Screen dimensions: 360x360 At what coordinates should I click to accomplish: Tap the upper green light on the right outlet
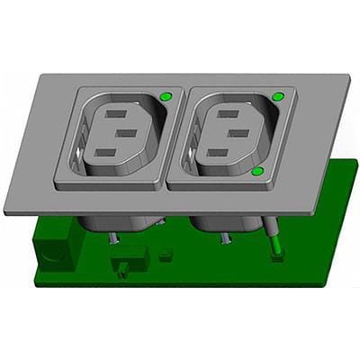277,94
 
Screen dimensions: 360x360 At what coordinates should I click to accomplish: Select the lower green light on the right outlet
258,170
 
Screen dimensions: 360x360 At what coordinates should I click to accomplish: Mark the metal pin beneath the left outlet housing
114,238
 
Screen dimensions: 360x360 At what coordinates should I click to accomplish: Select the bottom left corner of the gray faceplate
5,212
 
